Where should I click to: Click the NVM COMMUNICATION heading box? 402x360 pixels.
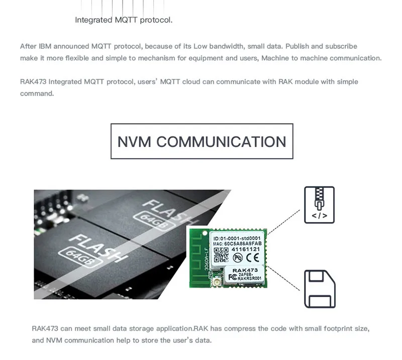click(x=202, y=141)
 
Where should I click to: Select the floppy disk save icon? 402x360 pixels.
click(x=319, y=289)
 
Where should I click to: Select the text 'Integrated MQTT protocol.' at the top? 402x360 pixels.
click(x=124, y=20)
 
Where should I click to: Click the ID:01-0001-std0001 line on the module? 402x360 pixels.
click(x=237, y=238)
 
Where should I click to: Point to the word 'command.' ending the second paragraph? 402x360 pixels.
click(x=37, y=93)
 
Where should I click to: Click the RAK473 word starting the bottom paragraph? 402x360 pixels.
click(x=45, y=329)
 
